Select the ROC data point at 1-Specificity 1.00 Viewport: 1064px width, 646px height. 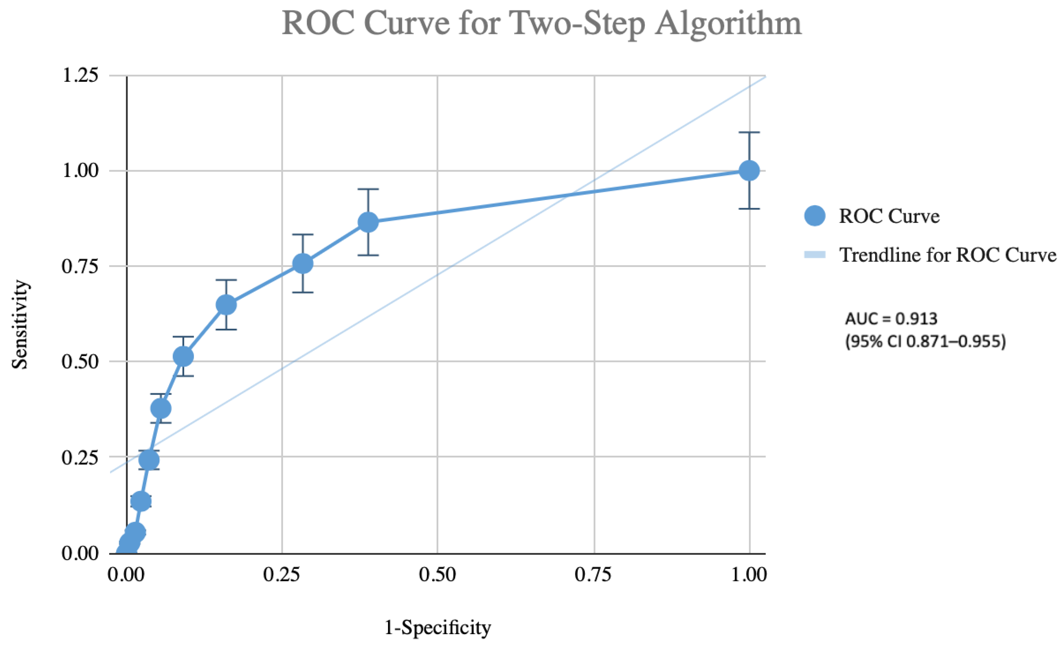point(749,171)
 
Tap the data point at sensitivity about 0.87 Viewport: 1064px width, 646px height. point(368,222)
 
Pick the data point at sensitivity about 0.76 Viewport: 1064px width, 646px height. point(303,263)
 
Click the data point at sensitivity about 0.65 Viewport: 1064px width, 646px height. point(226,305)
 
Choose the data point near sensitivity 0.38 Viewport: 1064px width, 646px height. point(161,408)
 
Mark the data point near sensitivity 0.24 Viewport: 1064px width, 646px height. point(149,460)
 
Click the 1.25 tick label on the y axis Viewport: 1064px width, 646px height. point(80,75)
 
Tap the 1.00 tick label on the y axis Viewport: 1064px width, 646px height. point(80,171)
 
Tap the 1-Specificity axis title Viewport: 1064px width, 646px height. point(437,627)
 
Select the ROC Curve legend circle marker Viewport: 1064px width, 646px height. point(815,216)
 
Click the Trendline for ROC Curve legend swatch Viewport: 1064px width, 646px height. point(815,255)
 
